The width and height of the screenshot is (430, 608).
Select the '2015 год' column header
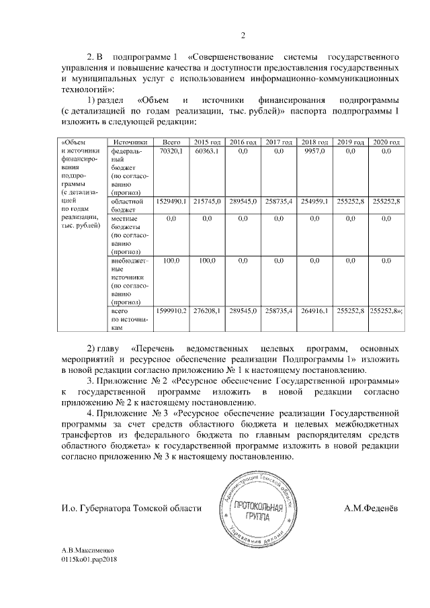[207, 142]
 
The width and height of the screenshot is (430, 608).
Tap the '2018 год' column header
[314, 142]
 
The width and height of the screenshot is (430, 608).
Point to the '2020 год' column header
[386, 142]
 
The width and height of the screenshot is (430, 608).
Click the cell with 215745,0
[207, 201]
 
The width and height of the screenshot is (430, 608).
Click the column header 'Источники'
[130, 142]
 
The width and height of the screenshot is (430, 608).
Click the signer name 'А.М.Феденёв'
[371, 509]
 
